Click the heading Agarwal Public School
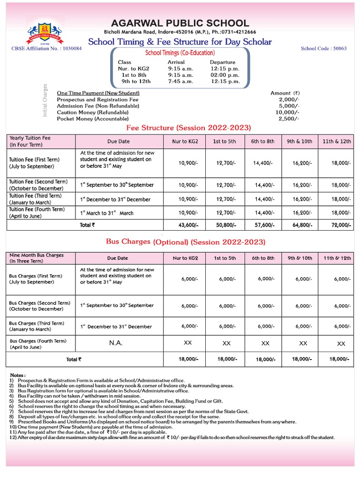[x=180, y=23]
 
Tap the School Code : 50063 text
[x=323, y=48]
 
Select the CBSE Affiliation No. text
[x=46, y=48]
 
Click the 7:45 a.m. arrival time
[x=180, y=81]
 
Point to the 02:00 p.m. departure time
[x=225, y=75]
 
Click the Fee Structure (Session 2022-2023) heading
[x=189, y=128]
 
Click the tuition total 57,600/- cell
[x=264, y=225]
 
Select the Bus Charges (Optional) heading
[x=186, y=242]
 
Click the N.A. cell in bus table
[x=116, y=343]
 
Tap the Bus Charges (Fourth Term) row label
[x=38, y=344]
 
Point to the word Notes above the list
[x=18, y=375]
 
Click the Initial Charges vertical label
[x=45, y=100]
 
